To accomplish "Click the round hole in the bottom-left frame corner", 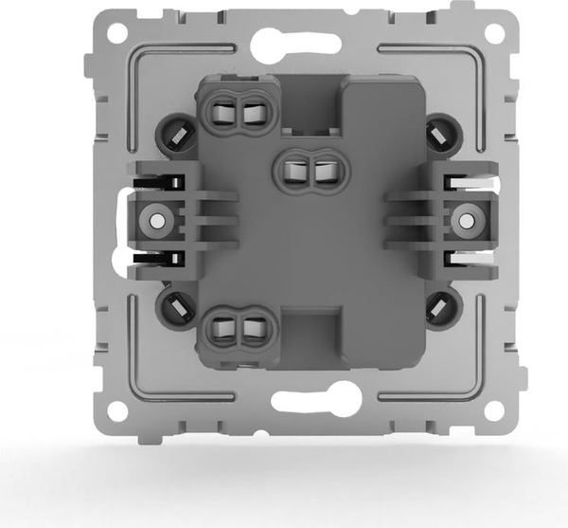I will (115, 410).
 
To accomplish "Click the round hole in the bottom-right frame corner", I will (493, 410).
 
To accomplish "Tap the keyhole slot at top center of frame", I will (304, 44).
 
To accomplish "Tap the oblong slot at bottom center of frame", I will (304, 401).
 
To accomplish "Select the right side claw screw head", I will (465, 222).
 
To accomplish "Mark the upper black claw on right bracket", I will (465, 180).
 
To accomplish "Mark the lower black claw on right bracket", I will (465, 258).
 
